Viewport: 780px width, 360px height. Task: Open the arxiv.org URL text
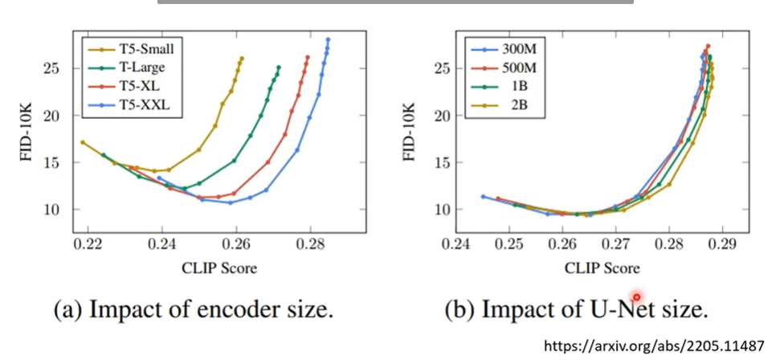coord(655,346)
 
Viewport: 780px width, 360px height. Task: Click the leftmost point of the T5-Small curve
coord(82,142)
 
